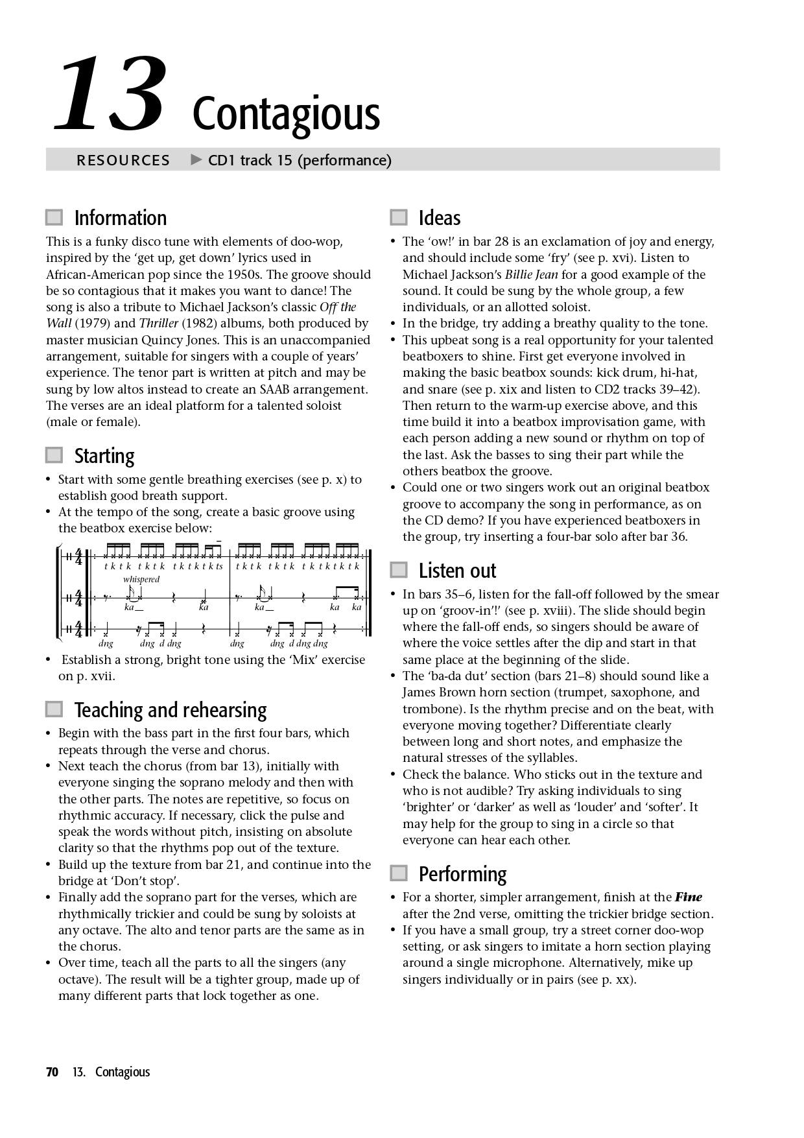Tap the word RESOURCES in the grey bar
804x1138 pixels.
point(123,160)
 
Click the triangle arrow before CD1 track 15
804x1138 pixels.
point(196,160)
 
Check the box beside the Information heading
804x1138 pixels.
point(54,217)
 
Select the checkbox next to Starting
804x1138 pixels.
point(54,455)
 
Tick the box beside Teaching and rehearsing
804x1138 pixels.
point(54,709)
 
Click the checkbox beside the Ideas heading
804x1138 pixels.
point(398,217)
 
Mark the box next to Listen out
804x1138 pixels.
point(398,570)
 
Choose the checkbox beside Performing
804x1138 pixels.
point(398,873)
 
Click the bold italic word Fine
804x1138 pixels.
point(688,897)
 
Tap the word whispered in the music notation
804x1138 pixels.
point(141,580)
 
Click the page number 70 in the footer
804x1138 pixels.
point(53,1072)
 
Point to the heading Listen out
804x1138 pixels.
point(457,571)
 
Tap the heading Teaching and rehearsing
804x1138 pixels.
point(171,710)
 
